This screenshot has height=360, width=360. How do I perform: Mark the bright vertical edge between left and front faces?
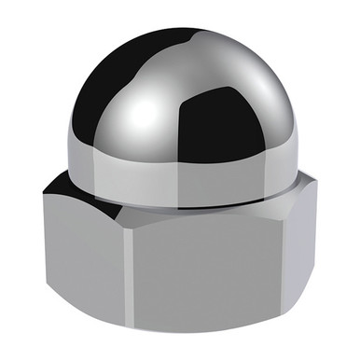coord(127,280)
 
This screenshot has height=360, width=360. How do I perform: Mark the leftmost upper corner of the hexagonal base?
coord(43,191)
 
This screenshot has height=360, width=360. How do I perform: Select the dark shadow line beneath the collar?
coord(187,207)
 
